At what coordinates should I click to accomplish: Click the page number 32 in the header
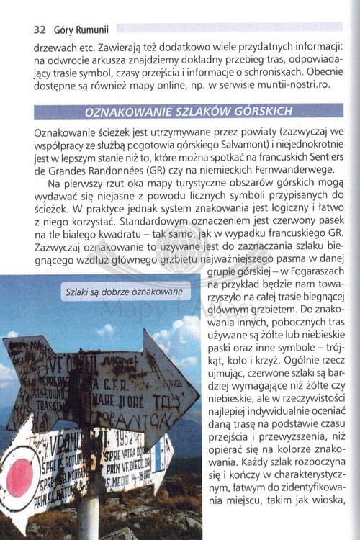tap(40, 30)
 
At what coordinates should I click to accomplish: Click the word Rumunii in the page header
tap(90, 30)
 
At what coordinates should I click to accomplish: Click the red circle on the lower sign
tap(19, 477)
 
